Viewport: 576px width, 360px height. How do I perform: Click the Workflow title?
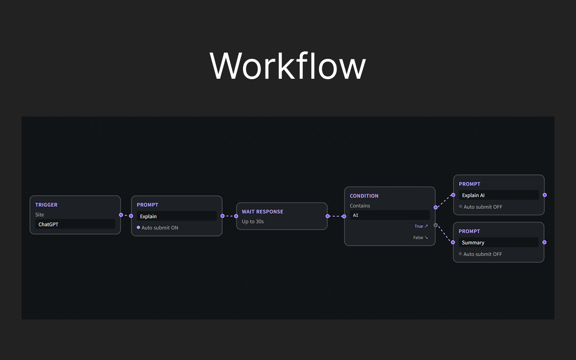click(288, 66)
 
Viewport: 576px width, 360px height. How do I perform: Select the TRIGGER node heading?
click(46, 205)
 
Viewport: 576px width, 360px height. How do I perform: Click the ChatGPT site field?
click(75, 224)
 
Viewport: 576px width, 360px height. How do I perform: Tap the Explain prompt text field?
click(177, 216)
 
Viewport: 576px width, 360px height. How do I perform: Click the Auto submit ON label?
click(160, 228)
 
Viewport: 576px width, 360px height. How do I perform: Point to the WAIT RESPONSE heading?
click(262, 211)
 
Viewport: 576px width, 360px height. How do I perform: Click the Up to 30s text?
click(253, 221)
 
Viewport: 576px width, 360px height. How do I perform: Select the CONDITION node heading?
click(364, 196)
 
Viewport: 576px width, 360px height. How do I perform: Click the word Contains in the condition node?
click(360, 206)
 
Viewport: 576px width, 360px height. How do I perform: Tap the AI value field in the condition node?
click(390, 215)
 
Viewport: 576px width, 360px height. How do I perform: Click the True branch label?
click(421, 226)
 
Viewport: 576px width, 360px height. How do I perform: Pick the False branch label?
click(420, 238)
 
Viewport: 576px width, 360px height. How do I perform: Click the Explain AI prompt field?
click(499, 195)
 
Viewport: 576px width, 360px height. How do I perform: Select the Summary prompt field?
click(499, 243)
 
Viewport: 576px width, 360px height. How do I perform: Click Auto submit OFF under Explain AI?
click(483, 207)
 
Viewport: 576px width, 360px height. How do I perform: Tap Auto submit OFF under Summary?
click(482, 254)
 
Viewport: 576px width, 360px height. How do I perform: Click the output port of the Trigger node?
click(121, 215)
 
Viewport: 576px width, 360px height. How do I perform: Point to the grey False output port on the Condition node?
click(435, 225)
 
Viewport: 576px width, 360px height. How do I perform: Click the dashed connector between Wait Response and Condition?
click(336, 216)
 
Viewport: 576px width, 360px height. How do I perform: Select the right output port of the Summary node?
click(544, 242)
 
